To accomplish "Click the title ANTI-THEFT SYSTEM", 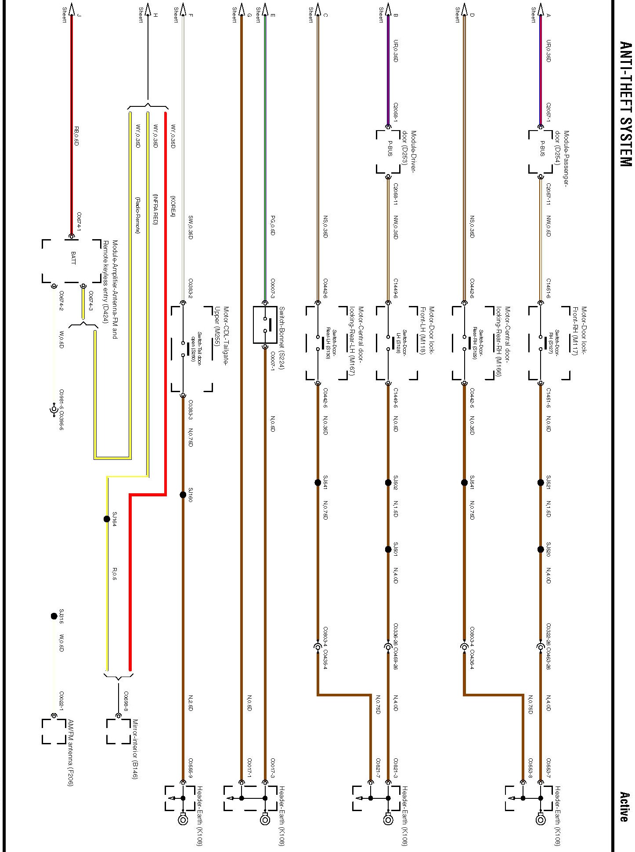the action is pos(625,104).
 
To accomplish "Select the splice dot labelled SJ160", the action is pos(183,495).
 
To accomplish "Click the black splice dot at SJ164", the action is pos(107,519).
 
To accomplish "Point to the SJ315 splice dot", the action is pos(54,616).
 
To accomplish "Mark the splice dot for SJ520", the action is pos(541,549).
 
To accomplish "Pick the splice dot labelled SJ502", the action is pos(388,482).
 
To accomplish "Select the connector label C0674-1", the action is pos(79,220).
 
